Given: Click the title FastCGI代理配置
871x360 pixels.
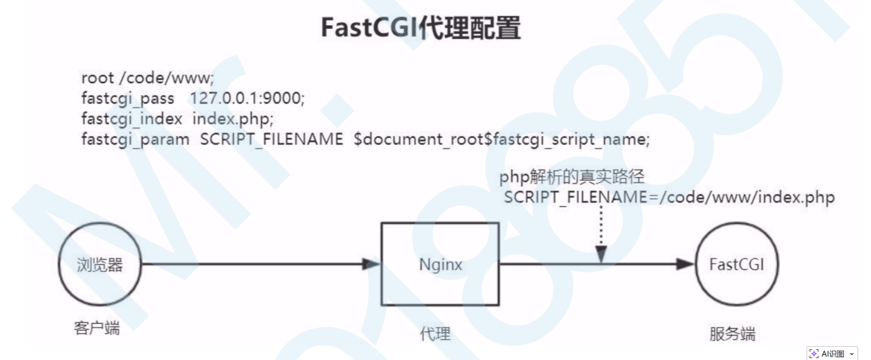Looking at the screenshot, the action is (x=420, y=28).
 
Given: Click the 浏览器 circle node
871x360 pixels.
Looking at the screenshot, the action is (x=99, y=264).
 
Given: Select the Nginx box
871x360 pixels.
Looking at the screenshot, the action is (x=441, y=264).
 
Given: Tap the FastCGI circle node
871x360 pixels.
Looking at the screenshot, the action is (x=736, y=264).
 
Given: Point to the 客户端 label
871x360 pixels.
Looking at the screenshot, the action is (x=96, y=328).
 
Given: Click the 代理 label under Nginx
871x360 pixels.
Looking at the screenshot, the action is (x=435, y=333).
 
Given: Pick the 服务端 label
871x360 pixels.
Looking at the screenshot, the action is (x=732, y=333).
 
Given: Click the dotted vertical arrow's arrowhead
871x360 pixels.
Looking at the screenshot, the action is (x=601, y=254).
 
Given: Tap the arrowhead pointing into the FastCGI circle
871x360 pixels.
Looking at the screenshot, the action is (x=685, y=264).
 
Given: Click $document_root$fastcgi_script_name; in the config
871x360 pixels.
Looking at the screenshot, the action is (x=502, y=138).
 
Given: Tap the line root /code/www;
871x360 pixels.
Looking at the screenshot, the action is (x=148, y=79).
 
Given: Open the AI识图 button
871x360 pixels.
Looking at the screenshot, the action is (x=832, y=353).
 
